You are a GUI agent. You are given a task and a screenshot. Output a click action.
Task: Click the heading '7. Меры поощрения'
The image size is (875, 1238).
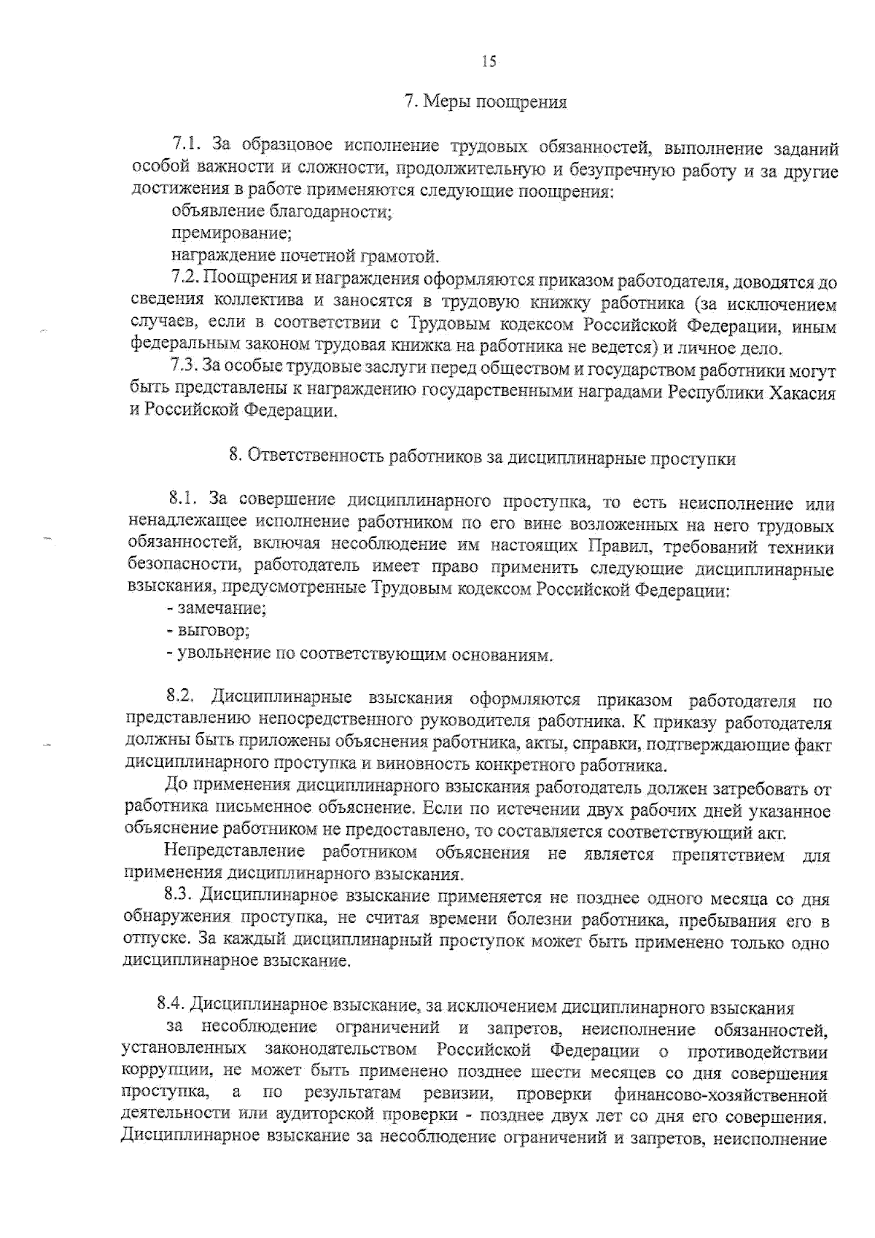[486, 102]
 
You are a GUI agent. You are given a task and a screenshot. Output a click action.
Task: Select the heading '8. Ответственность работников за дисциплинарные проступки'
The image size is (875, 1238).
[482, 458]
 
